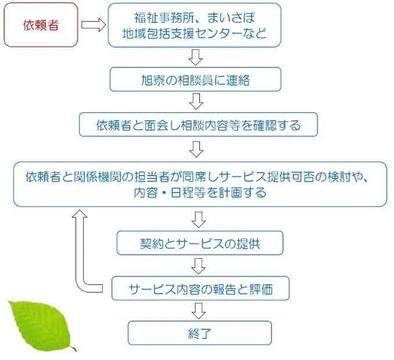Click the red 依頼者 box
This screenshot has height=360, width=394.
(x=41, y=26)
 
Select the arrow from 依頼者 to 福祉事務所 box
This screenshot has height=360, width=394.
(x=93, y=26)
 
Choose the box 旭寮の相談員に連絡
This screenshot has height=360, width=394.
(x=195, y=80)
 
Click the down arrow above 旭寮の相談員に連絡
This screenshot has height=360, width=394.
(x=196, y=57)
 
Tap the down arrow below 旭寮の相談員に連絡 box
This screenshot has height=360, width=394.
(x=196, y=102)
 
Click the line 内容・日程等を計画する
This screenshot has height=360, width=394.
(x=199, y=193)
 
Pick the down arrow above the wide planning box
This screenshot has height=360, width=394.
(x=196, y=148)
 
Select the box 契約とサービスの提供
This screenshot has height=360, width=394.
(x=199, y=243)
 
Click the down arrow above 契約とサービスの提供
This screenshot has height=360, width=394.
(x=199, y=219)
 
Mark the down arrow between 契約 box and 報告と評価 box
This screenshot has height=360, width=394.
(x=199, y=266)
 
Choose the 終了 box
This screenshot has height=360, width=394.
(x=199, y=333)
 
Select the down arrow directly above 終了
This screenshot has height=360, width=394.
(x=199, y=311)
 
